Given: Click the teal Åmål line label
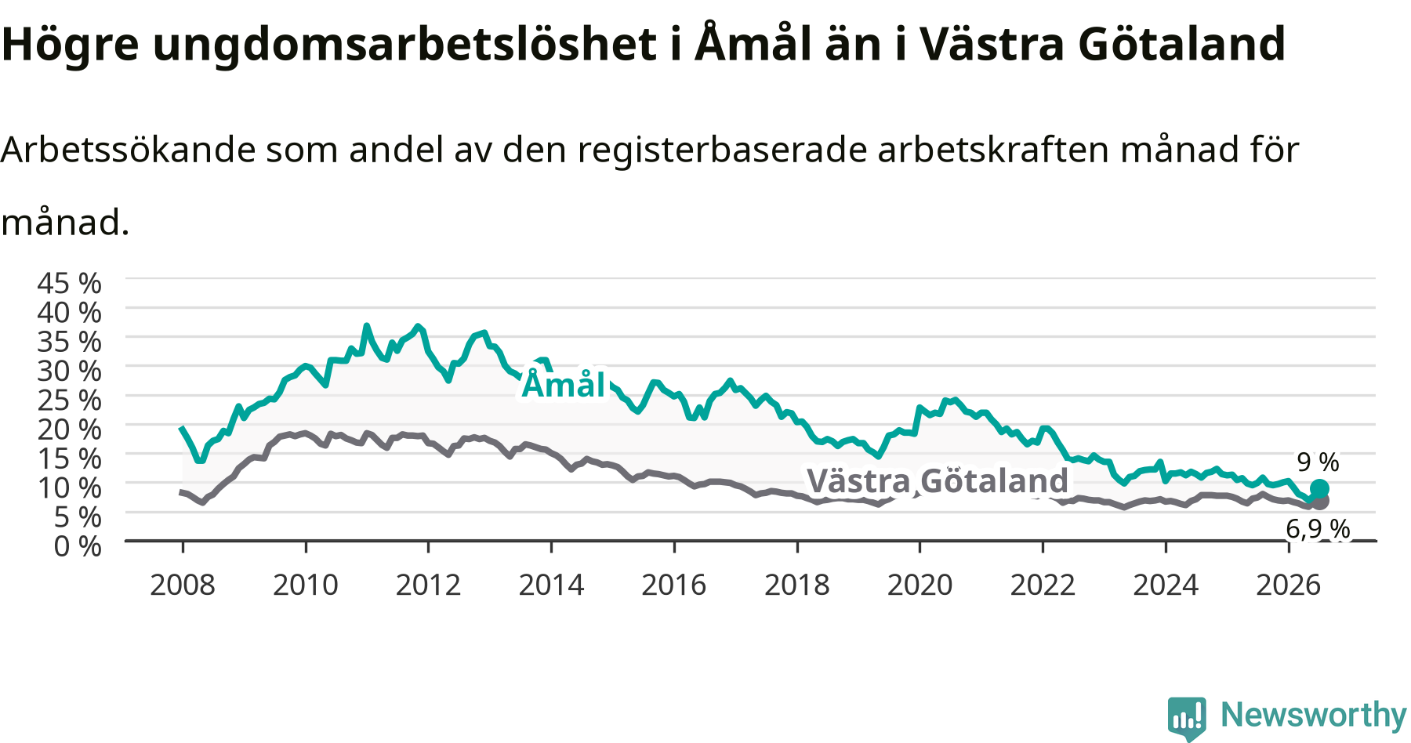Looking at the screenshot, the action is point(564,385).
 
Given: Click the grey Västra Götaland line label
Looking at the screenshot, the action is point(938,480).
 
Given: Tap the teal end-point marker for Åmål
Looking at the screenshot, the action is point(1319,489).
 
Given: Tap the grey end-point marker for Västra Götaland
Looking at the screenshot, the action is point(1321,501).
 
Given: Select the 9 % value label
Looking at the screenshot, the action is point(1318,462).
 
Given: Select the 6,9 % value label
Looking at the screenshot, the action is point(1318,530).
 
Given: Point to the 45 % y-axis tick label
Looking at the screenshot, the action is point(69,283).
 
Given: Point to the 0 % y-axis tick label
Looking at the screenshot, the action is point(78,545).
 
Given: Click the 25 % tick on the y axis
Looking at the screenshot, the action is point(69,400).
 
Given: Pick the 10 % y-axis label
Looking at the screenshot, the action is point(69,487).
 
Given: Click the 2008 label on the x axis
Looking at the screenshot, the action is point(183,585).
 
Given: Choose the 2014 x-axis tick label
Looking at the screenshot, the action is point(551,585).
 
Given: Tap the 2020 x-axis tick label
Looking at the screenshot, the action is point(920,585).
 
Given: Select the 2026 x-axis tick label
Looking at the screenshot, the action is point(1289,585).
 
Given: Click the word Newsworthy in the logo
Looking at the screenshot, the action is point(1314,715).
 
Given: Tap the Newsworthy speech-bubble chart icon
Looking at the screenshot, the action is point(1187,718).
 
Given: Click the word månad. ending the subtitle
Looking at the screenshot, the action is point(65,223).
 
